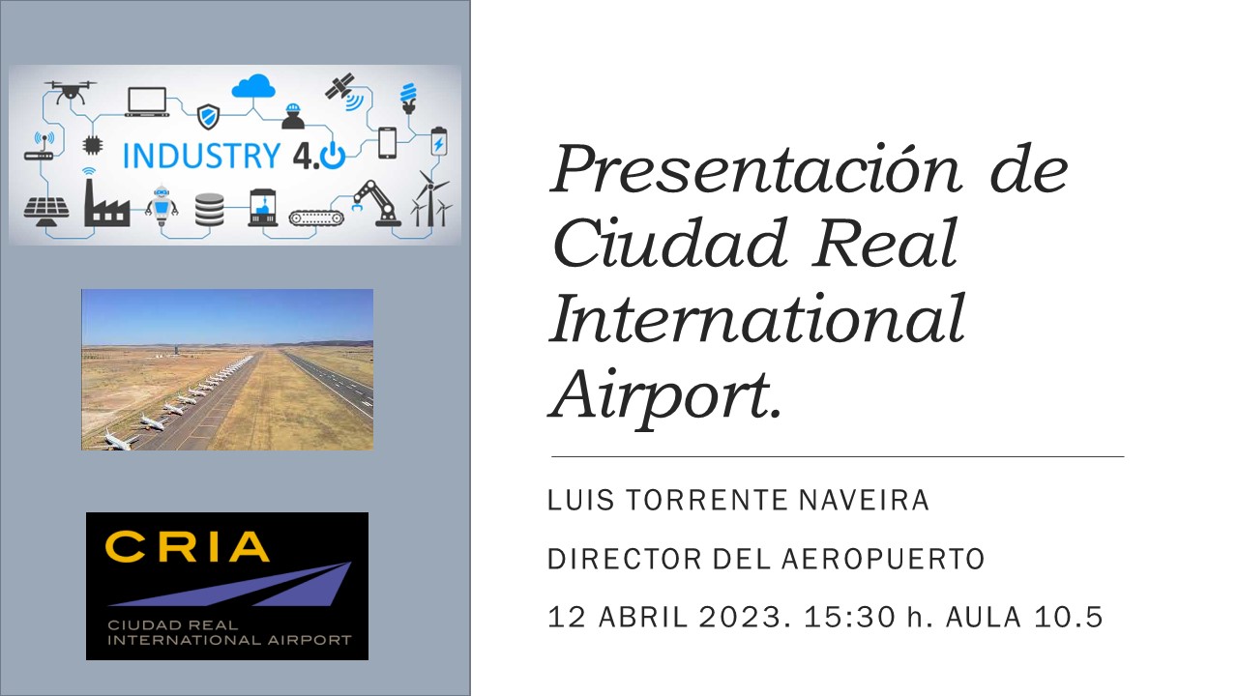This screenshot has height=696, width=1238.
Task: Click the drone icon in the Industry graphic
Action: pyautogui.click(x=71, y=92)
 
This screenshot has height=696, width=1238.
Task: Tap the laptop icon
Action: pyautogui.click(x=147, y=101)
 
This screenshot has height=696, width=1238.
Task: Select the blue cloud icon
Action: pyautogui.click(x=253, y=87)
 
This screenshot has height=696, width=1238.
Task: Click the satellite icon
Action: pyautogui.click(x=343, y=91)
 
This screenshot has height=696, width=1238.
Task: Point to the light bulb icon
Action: pyautogui.click(x=408, y=99)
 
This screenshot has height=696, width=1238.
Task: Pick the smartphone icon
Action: pyautogui.click(x=388, y=143)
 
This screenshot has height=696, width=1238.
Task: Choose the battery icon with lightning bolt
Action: pyautogui.click(x=439, y=141)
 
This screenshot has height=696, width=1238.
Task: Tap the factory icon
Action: pyautogui.click(x=106, y=202)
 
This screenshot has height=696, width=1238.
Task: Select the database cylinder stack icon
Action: pyautogui.click(x=210, y=210)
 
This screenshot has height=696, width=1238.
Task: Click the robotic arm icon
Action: pyautogui.click(x=377, y=203)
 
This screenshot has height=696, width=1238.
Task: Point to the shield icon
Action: pyautogui.click(x=208, y=117)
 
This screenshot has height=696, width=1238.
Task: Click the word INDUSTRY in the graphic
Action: pyautogui.click(x=202, y=156)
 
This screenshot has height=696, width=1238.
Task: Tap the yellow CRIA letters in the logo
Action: pyautogui.click(x=187, y=546)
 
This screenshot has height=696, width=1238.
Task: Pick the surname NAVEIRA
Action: pyautogui.click(x=864, y=500)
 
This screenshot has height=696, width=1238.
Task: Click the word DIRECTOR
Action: pyautogui.click(x=625, y=559)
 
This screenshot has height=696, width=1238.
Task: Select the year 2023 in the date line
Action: pyautogui.click(x=741, y=617)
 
